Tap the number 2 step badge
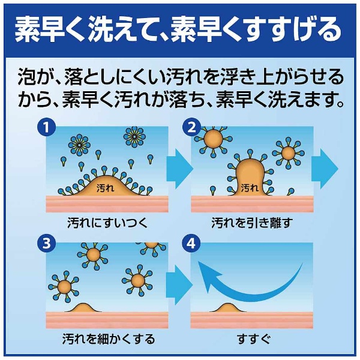click(191, 127)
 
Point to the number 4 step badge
click(191, 244)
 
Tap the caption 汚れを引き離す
click(251, 223)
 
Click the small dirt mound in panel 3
click(90, 307)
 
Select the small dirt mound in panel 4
click(227, 307)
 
